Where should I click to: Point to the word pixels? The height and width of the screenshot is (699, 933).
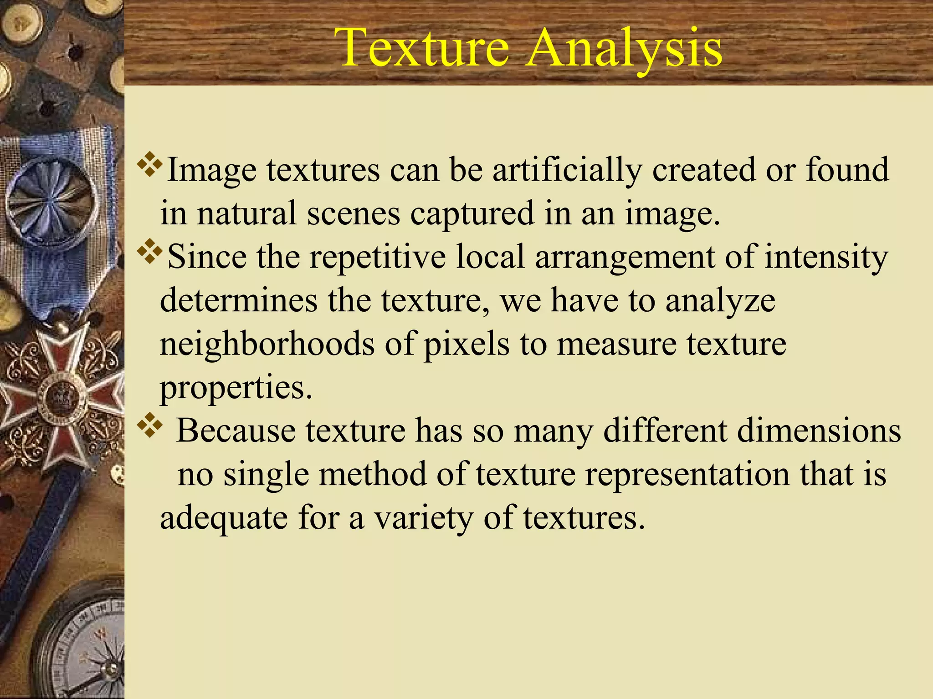point(466,344)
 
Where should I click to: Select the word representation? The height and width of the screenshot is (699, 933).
point(687,475)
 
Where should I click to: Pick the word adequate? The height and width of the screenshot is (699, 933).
point(224,518)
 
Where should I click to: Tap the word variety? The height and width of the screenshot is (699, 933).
point(424,518)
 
